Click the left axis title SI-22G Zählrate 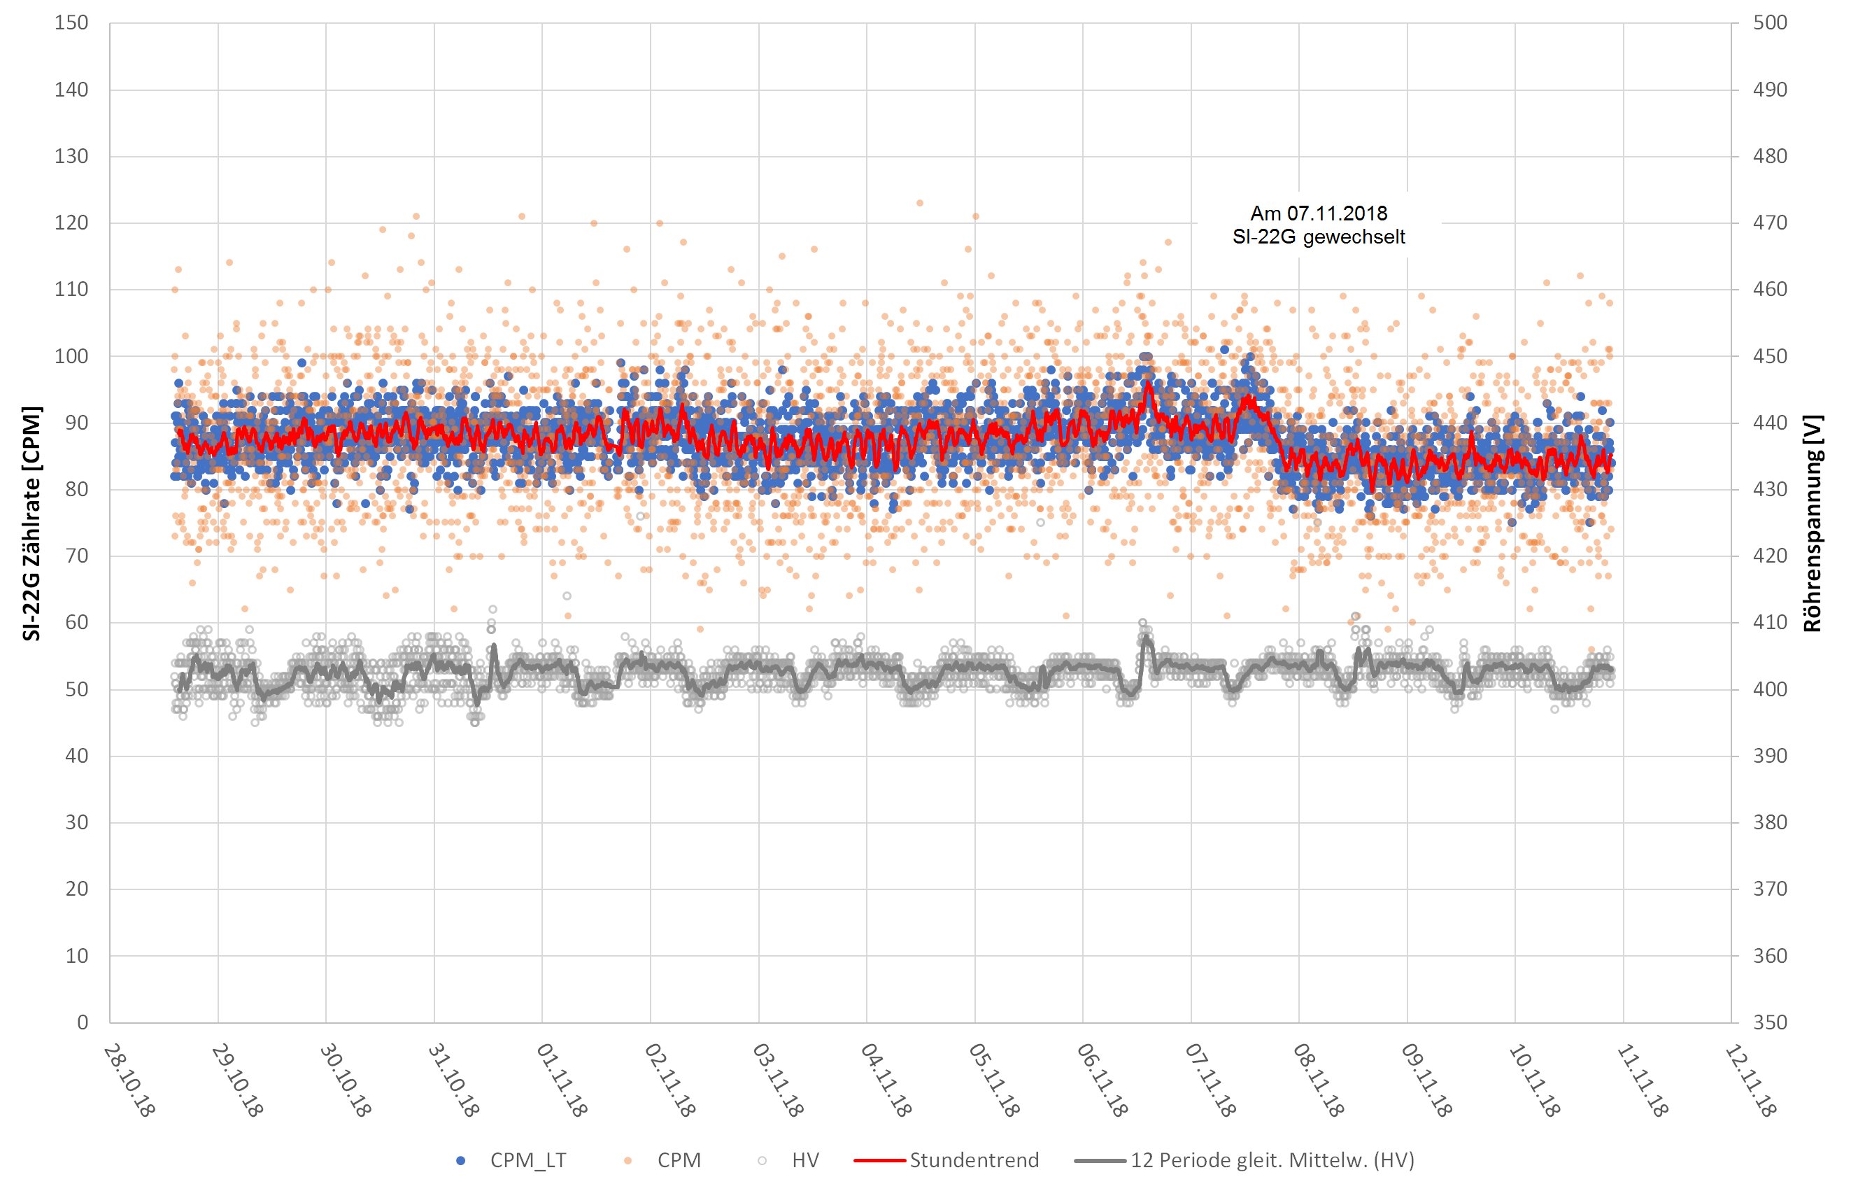coord(31,523)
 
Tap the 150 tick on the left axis coord(71,23)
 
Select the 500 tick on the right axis coord(1769,23)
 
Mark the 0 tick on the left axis coord(83,1022)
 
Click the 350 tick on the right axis coord(1769,1022)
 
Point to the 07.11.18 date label coord(1210,1080)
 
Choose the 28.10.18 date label coord(129,1080)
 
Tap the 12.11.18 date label coord(1750,1080)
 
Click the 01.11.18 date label coord(561,1080)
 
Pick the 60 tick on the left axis coord(76,623)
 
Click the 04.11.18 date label coord(886,1080)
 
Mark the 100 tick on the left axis coord(71,356)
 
